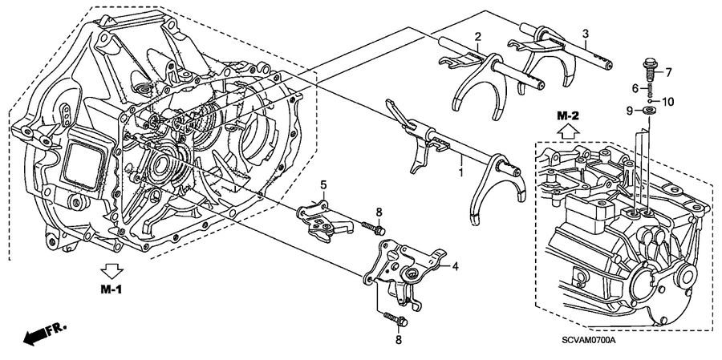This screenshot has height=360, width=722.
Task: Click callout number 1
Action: click(x=460, y=172)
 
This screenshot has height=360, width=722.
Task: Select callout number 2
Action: click(x=477, y=37)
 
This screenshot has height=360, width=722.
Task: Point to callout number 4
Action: click(x=454, y=265)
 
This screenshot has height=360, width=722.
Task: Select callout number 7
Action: click(x=669, y=73)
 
